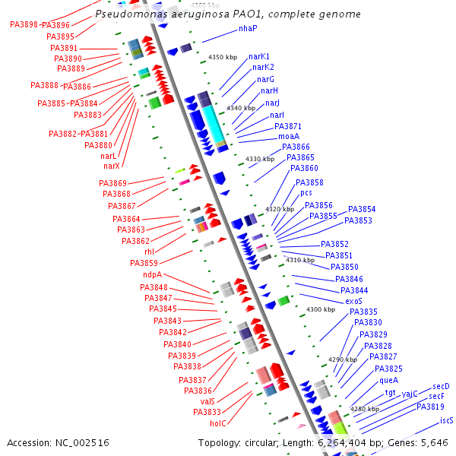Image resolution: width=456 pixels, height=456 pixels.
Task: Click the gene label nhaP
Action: (248, 28)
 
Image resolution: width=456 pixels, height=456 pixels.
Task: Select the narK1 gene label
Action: (259, 56)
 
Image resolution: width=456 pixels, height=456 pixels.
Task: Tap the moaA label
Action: (289, 136)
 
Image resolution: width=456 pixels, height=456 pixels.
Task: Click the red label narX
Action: (112, 166)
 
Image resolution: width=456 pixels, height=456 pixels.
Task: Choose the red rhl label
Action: (149, 252)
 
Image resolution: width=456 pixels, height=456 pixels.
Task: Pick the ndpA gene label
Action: (152, 275)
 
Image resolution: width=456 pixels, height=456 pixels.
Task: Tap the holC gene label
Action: (218, 423)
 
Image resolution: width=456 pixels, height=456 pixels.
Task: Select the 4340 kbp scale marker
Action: (241, 109)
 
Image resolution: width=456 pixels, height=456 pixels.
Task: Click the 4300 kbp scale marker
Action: (320, 309)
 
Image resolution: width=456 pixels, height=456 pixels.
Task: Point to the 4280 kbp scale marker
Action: (363, 409)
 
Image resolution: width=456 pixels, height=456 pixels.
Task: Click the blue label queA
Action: (389, 380)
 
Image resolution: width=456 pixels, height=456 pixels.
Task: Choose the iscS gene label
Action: (447, 420)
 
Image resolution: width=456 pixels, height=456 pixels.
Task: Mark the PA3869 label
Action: (112, 183)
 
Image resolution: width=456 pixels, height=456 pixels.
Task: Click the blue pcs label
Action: (306, 193)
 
